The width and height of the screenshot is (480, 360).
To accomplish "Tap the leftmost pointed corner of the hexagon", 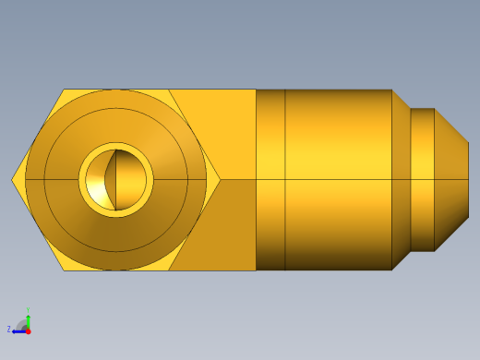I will coord(14,179).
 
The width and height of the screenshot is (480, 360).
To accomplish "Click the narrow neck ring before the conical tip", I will coord(422,179).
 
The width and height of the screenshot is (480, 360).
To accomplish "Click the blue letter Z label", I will coord(9,329).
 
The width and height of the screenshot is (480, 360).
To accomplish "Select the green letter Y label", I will coord(29,310).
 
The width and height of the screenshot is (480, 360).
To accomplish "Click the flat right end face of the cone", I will coord(468,179).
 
